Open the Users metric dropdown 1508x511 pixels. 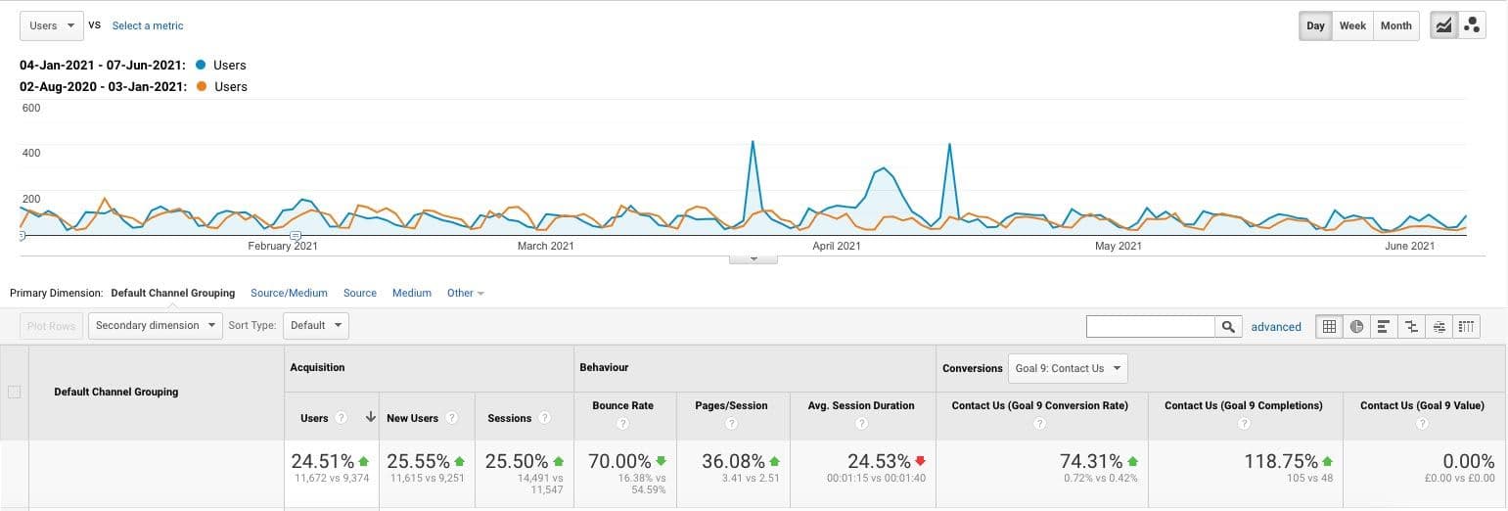click(52, 25)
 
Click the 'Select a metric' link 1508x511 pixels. click(148, 25)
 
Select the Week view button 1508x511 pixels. click(1352, 25)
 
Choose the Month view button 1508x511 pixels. click(1396, 25)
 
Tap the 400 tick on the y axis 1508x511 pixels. click(31, 153)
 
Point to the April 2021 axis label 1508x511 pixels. click(836, 246)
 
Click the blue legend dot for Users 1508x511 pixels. click(201, 65)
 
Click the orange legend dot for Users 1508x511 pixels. click(202, 86)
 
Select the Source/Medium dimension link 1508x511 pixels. click(289, 293)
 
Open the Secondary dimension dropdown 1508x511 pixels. click(156, 326)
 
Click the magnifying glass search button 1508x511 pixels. click(1229, 327)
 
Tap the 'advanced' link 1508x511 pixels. click(1276, 327)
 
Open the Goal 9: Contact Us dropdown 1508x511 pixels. click(1068, 368)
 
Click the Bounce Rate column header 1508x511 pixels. click(622, 405)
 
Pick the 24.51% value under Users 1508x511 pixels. click(323, 461)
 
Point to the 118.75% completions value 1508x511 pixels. click(1280, 461)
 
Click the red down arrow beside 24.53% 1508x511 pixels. click(920, 461)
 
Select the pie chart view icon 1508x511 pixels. click(1356, 327)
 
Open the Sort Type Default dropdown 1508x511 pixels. click(316, 326)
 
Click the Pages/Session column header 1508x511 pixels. click(731, 405)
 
